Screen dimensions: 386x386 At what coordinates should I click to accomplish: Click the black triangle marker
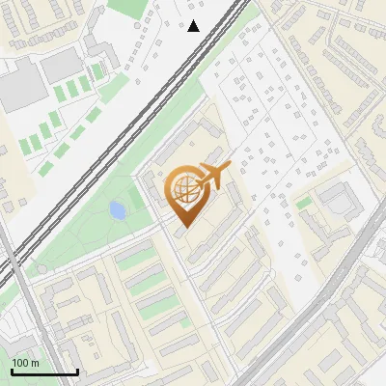click(194, 26)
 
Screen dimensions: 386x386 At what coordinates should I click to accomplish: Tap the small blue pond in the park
click(118, 209)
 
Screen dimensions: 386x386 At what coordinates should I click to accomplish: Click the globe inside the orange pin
click(182, 190)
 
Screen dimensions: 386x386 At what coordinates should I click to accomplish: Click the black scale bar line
click(44, 372)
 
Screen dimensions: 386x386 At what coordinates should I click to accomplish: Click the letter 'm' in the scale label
click(35, 364)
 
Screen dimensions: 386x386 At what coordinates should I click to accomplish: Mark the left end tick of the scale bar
click(12, 371)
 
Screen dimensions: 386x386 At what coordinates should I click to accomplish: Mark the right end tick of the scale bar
click(77, 371)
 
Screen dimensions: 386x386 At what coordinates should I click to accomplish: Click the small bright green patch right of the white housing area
click(303, 203)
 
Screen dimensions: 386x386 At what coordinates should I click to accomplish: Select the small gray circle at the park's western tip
click(41, 269)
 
